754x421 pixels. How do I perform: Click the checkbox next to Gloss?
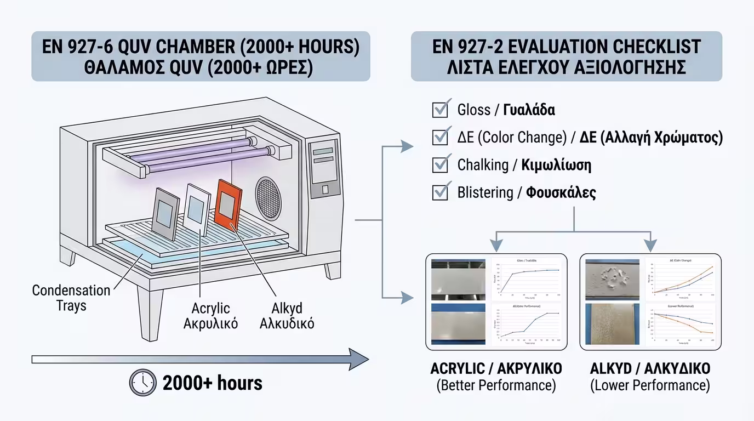[441, 109]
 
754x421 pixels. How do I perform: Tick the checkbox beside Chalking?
[441, 164]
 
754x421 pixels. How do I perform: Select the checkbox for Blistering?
[441, 192]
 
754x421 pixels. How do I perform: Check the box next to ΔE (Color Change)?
[441, 136]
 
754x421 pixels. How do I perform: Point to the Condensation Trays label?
[71, 297]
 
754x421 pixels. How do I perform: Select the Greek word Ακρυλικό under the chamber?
[211, 323]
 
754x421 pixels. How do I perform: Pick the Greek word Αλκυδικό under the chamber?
[287, 323]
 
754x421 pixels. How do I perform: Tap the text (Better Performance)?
[496, 385]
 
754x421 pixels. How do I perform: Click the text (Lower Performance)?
[650, 385]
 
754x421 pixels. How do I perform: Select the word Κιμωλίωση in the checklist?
[556, 165]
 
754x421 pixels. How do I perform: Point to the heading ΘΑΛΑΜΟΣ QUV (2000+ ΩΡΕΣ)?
[201, 68]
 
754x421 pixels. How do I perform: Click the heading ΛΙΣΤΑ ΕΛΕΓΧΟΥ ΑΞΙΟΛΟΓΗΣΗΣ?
[567, 68]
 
